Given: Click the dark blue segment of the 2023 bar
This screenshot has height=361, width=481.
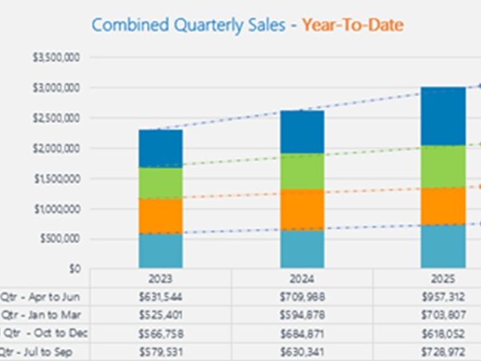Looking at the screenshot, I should click(x=161, y=148).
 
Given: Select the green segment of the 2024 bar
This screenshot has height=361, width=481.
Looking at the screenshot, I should click(x=302, y=171).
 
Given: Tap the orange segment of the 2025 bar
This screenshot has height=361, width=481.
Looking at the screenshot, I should click(x=444, y=205).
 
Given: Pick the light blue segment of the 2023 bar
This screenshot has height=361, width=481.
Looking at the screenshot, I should click(x=161, y=250).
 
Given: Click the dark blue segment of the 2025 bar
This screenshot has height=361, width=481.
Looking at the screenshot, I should click(x=444, y=115).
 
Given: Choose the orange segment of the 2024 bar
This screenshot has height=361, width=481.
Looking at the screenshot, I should click(x=302, y=209).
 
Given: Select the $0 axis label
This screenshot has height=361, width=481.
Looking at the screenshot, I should click(x=73, y=269).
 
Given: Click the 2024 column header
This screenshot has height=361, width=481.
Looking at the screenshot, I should click(x=302, y=279).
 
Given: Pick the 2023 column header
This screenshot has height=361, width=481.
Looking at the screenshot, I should click(x=161, y=279).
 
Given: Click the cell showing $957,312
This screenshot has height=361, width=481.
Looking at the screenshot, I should click(x=444, y=297).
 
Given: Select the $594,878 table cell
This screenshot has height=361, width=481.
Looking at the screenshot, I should click(x=302, y=315).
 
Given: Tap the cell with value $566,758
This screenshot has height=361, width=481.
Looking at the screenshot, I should click(x=161, y=333).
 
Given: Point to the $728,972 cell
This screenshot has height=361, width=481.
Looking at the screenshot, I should click(x=444, y=352).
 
